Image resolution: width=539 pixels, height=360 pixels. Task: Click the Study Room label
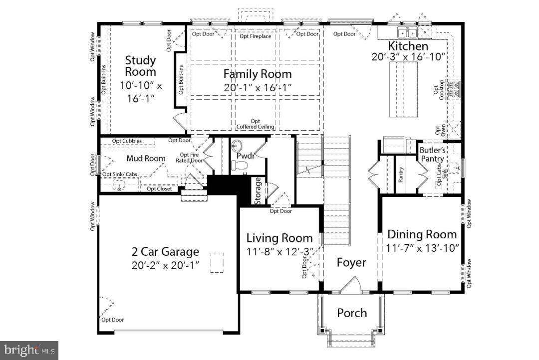140,66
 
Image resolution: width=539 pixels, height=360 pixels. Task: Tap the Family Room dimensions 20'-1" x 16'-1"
258,88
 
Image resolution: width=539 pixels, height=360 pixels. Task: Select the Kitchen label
408,46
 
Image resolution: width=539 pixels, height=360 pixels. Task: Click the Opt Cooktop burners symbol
454,90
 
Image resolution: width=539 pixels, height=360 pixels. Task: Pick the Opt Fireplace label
255,36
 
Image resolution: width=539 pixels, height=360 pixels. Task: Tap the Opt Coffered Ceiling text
256,124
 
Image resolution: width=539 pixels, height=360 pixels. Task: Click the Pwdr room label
246,156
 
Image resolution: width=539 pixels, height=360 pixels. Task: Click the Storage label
258,190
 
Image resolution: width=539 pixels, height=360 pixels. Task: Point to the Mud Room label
145,159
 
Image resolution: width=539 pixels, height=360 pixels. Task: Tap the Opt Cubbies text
127,141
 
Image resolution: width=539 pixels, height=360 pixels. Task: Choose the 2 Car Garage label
165,252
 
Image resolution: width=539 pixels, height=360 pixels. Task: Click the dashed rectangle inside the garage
217,262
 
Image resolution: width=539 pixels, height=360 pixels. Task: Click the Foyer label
351,262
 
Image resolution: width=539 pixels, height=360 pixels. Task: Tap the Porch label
352,313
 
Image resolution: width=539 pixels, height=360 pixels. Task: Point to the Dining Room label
422,234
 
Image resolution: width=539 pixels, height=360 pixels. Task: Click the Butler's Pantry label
432,154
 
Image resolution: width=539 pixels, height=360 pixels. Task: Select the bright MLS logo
29,350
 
